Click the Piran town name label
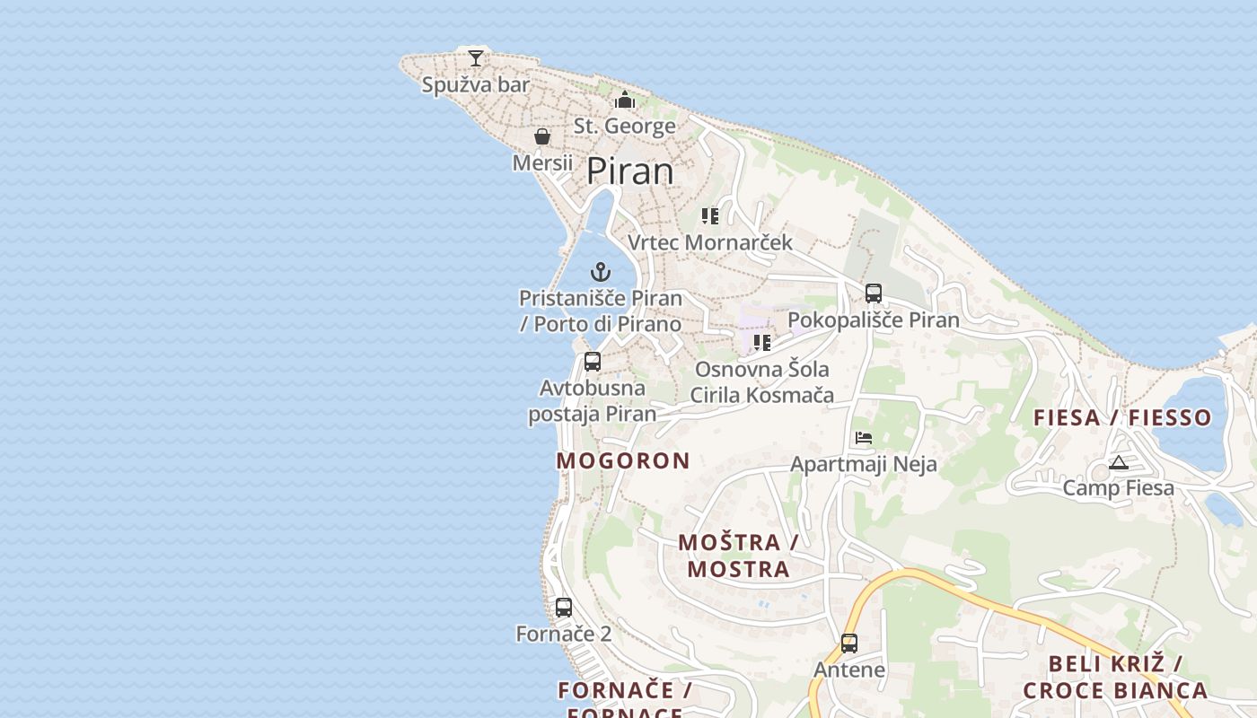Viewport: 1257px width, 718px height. click(630, 171)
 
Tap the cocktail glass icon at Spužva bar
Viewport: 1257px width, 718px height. click(476, 58)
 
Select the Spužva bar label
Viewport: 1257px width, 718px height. click(476, 85)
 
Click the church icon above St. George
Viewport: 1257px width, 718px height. click(625, 100)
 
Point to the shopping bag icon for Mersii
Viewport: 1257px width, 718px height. click(542, 136)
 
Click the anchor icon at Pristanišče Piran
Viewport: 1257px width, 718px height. click(601, 271)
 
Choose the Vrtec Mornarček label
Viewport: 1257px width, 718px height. click(710, 242)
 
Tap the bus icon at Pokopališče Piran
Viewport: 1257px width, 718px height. click(874, 293)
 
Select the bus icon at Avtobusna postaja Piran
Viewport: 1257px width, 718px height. click(593, 362)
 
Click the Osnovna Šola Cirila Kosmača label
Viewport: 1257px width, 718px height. click(761, 381)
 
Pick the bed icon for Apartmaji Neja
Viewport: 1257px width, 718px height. click(864, 438)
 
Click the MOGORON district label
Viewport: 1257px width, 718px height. click(623, 460)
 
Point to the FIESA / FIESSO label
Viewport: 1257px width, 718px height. click(1122, 417)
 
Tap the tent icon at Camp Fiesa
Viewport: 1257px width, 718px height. click(1118, 463)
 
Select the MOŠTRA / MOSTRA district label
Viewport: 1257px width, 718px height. click(739, 556)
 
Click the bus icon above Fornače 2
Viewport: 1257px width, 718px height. click(564, 608)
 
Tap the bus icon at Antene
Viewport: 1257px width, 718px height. click(849, 644)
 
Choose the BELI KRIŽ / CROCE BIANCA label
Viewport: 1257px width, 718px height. click(1115, 677)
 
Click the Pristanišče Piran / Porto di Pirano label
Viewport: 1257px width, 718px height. click(601, 311)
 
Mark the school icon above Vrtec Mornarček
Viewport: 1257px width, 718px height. click(710, 216)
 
